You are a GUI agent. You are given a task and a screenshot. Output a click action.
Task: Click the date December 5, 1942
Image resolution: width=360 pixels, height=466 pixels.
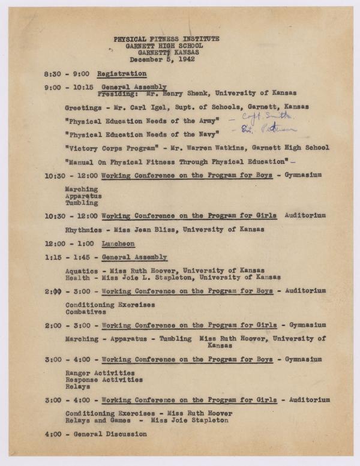[167, 58]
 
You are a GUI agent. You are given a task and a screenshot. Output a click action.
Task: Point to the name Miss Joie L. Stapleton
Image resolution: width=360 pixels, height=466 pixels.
[148, 277]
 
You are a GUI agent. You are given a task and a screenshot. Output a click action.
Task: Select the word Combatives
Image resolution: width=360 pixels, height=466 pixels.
[85, 311]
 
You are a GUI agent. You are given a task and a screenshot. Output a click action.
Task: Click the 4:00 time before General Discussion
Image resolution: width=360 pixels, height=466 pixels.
[53, 434]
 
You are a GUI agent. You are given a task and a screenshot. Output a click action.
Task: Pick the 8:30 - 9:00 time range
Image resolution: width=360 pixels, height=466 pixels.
[67, 74]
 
